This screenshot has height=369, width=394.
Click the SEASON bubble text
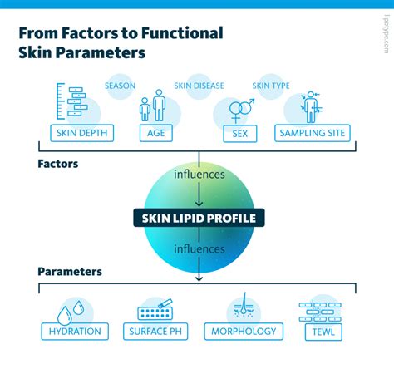click(x=120, y=86)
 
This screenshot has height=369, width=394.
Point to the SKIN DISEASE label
click(x=199, y=86)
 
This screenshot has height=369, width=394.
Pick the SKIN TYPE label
click(x=271, y=86)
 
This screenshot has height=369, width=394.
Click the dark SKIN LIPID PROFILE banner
click(x=199, y=218)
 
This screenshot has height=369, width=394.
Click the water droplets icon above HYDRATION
click(x=71, y=312)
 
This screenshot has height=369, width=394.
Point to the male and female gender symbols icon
click(x=242, y=111)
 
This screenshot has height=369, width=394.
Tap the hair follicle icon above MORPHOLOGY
click(x=244, y=306)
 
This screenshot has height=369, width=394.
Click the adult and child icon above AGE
click(x=153, y=105)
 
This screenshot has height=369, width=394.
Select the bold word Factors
click(x=58, y=164)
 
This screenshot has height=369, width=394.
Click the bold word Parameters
click(x=70, y=272)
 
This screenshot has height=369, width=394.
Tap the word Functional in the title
click(x=182, y=33)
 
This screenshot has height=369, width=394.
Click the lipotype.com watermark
click(x=387, y=34)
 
